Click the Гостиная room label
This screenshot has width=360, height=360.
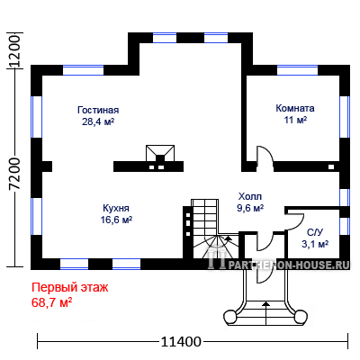[98, 110]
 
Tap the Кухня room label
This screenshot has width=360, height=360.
[116, 208]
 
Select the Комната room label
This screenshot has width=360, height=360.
[295, 108]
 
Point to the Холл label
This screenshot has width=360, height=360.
[250, 196]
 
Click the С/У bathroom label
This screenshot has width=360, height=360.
[315, 232]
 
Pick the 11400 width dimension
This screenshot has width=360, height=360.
[181, 341]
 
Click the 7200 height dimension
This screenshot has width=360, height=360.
[14, 173]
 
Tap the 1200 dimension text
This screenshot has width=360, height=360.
[14, 51]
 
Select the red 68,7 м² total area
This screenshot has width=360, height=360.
[51, 302]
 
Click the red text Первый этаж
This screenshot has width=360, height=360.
[69, 288]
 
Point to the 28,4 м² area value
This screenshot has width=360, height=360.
[98, 121]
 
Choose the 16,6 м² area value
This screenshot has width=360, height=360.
[116, 220]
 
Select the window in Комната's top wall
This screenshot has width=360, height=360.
[297, 70]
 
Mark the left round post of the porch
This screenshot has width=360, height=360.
[230, 317]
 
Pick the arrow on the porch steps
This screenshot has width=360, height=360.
[265, 313]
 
